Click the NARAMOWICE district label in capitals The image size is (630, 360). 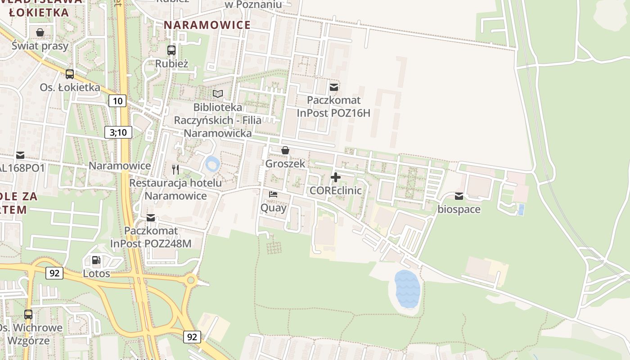[207, 25]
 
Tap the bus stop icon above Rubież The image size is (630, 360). [171, 50]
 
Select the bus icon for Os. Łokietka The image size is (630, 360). [70, 74]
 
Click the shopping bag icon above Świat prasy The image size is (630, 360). [40, 32]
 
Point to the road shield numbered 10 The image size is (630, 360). [117, 101]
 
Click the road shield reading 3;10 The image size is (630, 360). [118, 132]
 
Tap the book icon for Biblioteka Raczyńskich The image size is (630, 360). [218, 94]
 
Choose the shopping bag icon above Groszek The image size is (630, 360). [285, 150]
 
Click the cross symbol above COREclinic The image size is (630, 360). [335, 177]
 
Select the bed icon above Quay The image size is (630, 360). [273, 194]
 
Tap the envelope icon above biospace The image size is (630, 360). [459, 196]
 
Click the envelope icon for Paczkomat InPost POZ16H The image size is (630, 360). [333, 87]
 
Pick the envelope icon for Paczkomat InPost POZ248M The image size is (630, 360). [151, 218]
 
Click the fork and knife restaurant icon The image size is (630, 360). [175, 170]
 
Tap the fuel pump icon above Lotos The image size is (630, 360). [96, 260]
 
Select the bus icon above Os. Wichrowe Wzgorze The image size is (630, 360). [28, 314]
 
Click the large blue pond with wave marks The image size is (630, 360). [407, 289]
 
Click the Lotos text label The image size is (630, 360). [96, 273]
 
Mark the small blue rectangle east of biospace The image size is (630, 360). [521, 210]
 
